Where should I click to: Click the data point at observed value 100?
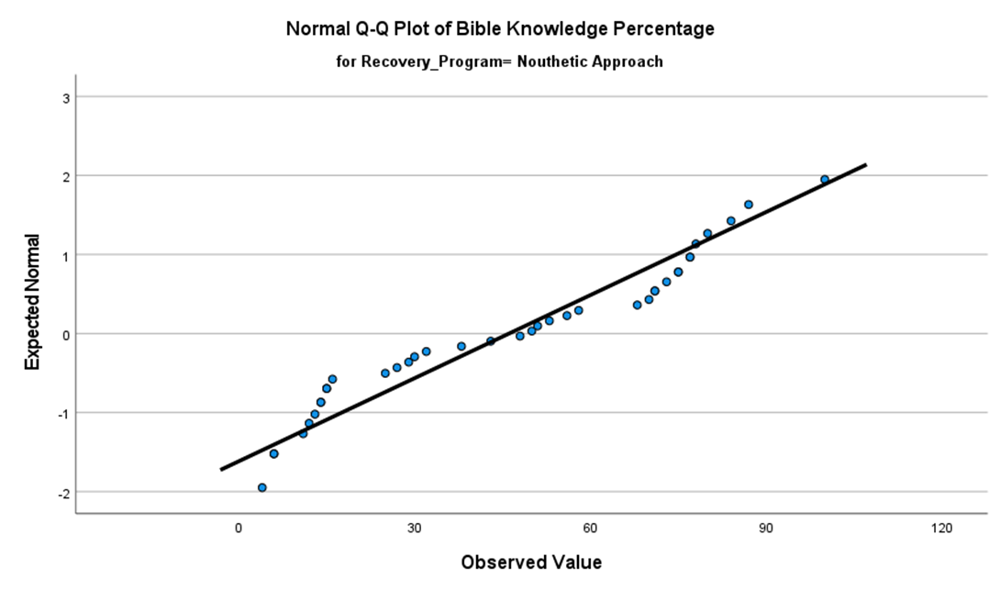click(825, 180)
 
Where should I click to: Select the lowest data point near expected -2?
click(262, 487)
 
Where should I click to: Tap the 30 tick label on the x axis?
click(415, 529)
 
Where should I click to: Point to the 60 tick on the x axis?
click(590, 529)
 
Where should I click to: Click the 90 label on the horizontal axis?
click(766, 529)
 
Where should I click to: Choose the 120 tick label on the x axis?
click(941, 529)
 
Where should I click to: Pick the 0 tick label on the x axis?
click(239, 529)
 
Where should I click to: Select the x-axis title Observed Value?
click(531, 562)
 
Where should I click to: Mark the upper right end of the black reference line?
click(865, 165)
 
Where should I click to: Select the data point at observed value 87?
click(749, 205)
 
